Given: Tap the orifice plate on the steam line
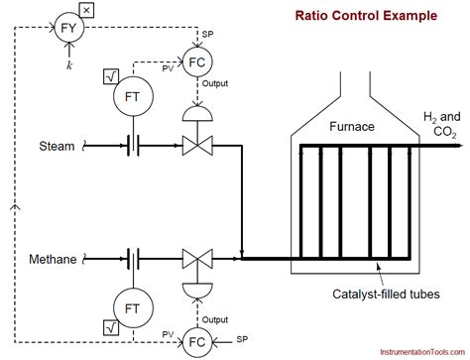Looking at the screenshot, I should point(131,147).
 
